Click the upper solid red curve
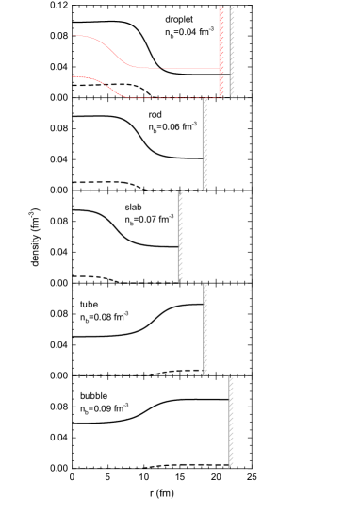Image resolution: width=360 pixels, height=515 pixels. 118,52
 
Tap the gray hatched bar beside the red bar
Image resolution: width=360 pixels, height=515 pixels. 232,52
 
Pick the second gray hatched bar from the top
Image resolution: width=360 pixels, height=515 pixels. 205,143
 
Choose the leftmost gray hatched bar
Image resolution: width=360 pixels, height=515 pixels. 180,236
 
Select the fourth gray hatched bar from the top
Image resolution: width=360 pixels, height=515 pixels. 205,329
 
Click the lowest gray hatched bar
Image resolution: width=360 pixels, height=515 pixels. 231,422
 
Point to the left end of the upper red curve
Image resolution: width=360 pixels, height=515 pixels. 76,36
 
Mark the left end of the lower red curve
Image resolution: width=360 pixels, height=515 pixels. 74,76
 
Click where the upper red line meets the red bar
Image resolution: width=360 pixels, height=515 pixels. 220,69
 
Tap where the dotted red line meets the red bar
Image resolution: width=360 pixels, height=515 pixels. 220,97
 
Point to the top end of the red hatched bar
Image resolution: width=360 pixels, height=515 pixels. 221,8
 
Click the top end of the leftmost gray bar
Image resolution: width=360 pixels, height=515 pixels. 180,192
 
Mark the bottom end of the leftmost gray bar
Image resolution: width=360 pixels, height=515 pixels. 180,281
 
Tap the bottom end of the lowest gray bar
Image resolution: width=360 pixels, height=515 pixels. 231,467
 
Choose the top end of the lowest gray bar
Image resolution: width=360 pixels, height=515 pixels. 231,377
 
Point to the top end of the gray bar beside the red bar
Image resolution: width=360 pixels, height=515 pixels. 232,8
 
